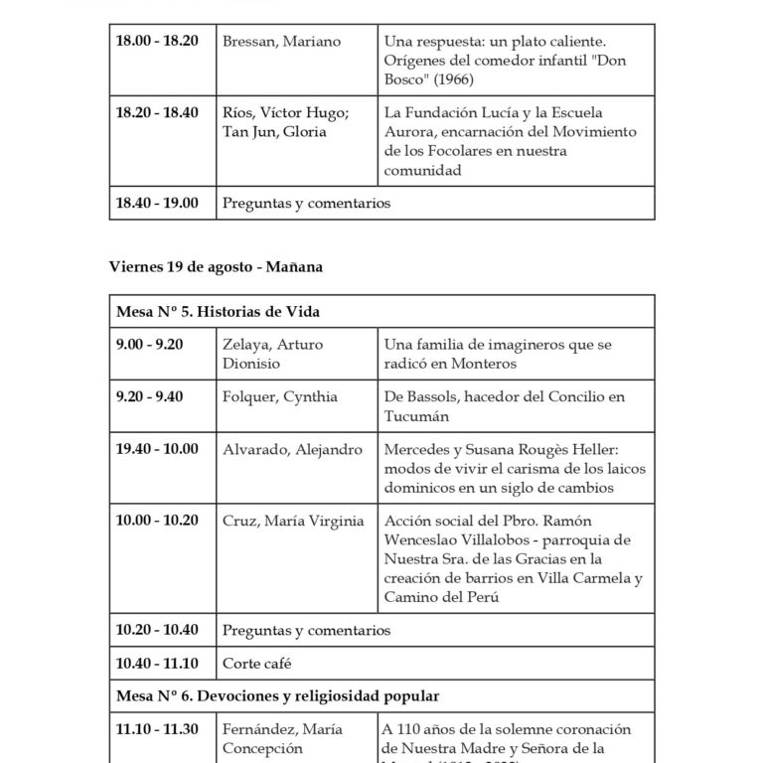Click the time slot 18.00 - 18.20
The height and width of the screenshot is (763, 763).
(x=157, y=42)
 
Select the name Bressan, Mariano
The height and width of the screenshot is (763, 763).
(x=282, y=42)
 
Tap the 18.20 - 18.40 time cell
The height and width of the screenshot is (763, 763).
(x=157, y=113)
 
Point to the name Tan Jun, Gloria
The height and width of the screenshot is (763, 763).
(x=274, y=132)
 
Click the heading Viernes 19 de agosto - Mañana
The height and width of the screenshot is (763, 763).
(x=216, y=266)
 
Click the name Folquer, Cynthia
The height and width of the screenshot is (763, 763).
(x=281, y=397)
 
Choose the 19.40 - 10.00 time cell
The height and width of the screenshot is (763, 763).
(x=157, y=450)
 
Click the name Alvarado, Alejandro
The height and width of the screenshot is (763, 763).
(x=293, y=450)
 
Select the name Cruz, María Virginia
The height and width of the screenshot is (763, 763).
(x=293, y=521)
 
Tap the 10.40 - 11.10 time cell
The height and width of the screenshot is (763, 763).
(x=157, y=663)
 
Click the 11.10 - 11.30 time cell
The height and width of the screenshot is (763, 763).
(x=157, y=730)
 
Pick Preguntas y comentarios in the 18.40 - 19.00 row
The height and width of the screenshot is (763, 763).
(x=307, y=204)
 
